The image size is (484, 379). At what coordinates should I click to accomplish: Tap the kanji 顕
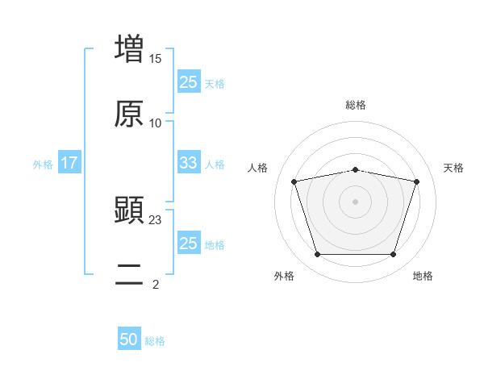click(129, 210)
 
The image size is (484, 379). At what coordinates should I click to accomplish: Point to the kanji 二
click(129, 275)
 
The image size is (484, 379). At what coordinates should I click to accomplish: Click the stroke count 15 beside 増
click(156, 59)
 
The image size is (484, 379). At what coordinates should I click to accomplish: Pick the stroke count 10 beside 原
click(156, 123)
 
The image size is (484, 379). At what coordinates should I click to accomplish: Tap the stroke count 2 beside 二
click(156, 284)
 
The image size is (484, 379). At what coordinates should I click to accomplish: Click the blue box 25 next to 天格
click(189, 81)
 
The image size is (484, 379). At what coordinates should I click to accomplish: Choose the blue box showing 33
click(189, 162)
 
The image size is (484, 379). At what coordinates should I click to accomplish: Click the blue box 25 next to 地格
click(189, 243)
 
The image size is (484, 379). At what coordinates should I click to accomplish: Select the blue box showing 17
click(69, 163)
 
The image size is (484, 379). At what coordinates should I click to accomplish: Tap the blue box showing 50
click(129, 339)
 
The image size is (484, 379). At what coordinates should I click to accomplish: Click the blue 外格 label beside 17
click(43, 164)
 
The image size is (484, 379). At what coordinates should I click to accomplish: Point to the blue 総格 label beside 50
click(155, 341)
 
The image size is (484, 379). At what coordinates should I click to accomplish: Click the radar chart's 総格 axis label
click(356, 105)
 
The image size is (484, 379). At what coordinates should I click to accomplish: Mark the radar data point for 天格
click(417, 181)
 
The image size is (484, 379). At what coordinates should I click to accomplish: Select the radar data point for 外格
click(317, 255)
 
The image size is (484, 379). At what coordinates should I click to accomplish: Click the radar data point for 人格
click(294, 181)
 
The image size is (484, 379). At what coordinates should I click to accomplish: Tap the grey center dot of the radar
click(356, 202)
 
